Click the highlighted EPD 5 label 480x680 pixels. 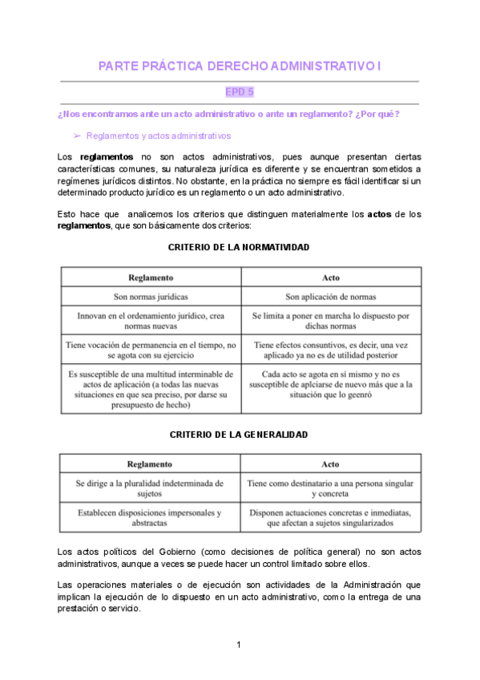240,92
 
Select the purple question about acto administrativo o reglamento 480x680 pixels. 229,114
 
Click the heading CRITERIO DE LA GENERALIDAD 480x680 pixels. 239,434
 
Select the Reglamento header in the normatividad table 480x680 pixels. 151,277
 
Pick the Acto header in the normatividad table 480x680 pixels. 330,277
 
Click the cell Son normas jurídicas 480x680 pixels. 151,297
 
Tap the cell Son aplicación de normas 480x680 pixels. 330,297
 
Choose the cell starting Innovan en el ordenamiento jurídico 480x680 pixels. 151,322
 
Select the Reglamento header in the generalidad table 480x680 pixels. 151,464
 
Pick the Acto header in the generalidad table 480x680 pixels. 330,464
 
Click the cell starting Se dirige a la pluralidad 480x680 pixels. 151,489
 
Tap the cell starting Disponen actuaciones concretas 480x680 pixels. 330,517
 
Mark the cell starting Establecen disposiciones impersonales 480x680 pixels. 151,517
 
